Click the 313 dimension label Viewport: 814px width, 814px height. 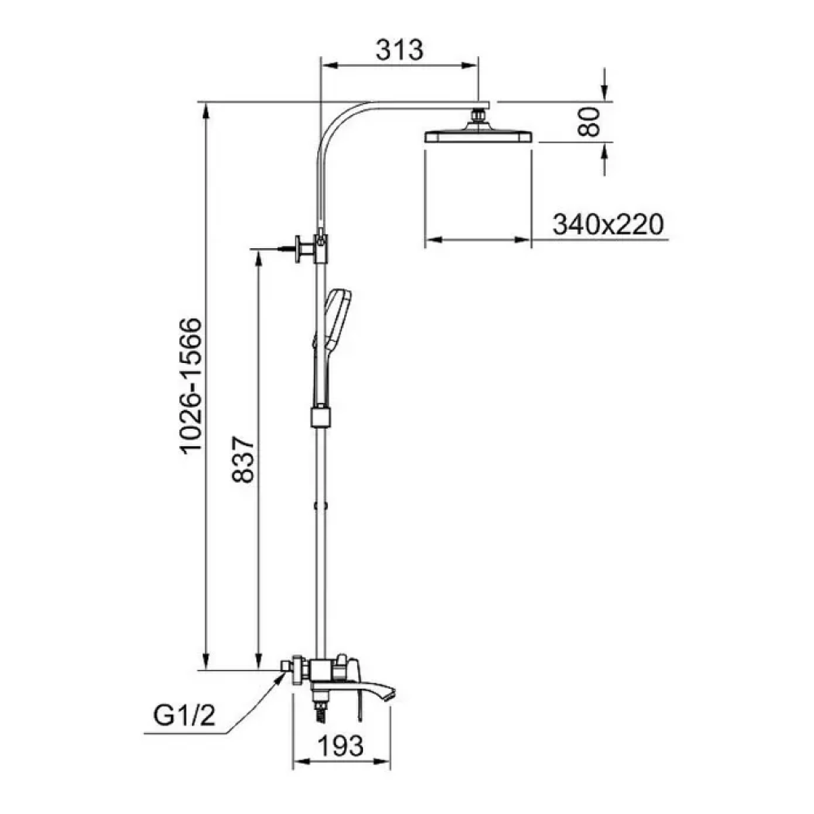(x=399, y=50)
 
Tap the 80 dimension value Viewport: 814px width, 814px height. (x=589, y=122)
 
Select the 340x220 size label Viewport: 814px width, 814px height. (x=608, y=225)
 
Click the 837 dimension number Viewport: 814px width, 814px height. (x=243, y=460)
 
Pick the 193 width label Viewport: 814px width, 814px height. (x=340, y=746)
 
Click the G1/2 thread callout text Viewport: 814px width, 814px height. (x=184, y=716)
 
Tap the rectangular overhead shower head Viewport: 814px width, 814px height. (x=478, y=136)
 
